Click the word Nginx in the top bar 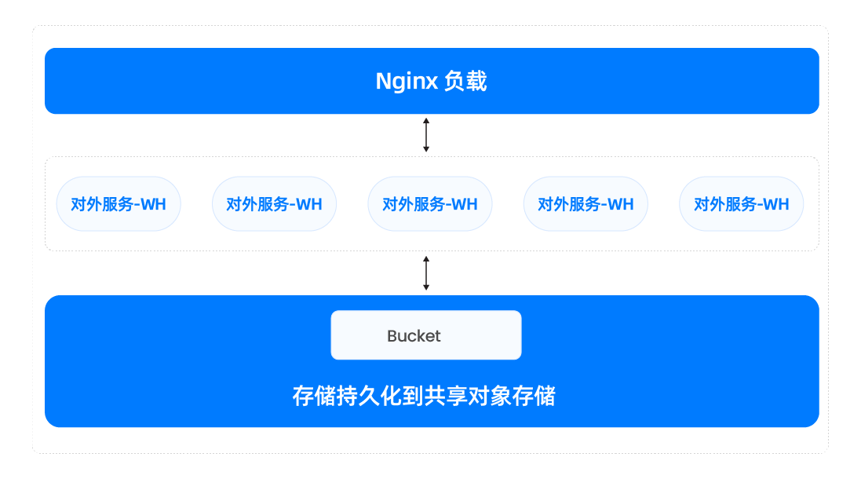pyautogui.click(x=406, y=82)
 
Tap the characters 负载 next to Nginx pyautogui.click(x=465, y=82)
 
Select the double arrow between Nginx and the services pyautogui.click(x=426, y=134)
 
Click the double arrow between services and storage pyautogui.click(x=426, y=272)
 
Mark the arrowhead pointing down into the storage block pyautogui.click(x=426, y=287)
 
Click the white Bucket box pyautogui.click(x=426, y=335)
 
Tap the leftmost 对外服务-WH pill pyautogui.click(x=119, y=204)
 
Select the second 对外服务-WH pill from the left pyautogui.click(x=274, y=204)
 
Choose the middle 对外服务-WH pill pyautogui.click(x=430, y=204)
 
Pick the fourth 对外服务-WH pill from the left pyautogui.click(x=586, y=204)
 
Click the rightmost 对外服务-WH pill pyautogui.click(x=741, y=204)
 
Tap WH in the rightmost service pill pyautogui.click(x=776, y=205)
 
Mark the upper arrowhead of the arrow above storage pyautogui.click(x=426, y=259)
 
